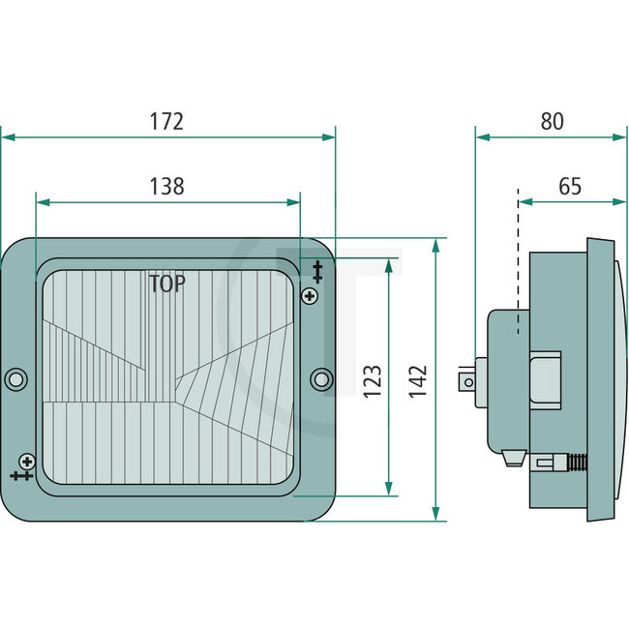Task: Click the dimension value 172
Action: pos(166,122)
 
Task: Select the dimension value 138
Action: pos(166,187)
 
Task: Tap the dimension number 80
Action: pos(551,122)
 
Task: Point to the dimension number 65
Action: pos(570,187)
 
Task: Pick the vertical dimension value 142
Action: pos(419,380)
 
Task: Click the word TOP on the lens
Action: pos(167,284)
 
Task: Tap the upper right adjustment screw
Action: pos(310,295)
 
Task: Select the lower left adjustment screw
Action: pos(27,462)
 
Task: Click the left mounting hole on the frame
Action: pos(15,378)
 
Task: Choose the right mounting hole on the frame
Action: pos(321,378)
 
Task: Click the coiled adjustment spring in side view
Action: pos(574,462)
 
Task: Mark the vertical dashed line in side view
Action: pos(519,261)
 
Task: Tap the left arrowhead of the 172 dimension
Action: pos(6,137)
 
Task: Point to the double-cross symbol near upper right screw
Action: pos(316,268)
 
